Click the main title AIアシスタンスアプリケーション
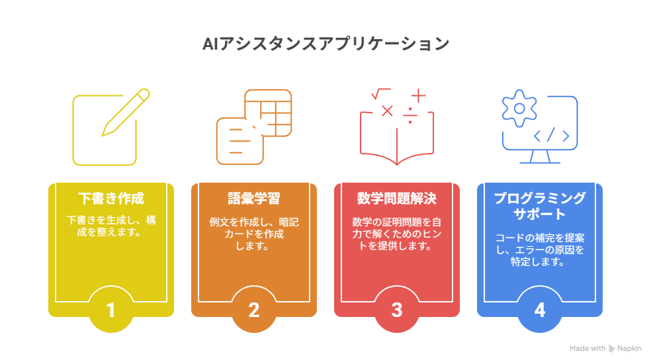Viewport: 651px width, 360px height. [x=326, y=44]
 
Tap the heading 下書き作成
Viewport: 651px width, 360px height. [x=111, y=199]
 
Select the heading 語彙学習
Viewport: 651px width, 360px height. [x=254, y=199]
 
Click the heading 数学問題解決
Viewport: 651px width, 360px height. [x=397, y=199]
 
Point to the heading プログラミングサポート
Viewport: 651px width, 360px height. [x=540, y=206]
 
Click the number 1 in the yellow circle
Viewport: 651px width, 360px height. [x=110, y=310]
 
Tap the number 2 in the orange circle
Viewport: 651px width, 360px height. [x=254, y=310]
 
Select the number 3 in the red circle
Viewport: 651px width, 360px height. [x=397, y=310]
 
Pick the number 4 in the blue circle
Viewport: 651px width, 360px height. [x=540, y=310]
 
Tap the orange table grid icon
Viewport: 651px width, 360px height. [x=268, y=112]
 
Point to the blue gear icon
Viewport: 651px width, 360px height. [x=519, y=109]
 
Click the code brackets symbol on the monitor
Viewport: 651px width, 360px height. [x=551, y=136]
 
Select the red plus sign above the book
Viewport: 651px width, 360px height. [x=419, y=96]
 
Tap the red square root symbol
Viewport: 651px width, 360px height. [x=381, y=94]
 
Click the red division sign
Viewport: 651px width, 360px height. [x=410, y=116]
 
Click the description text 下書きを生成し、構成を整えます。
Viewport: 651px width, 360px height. [x=111, y=226]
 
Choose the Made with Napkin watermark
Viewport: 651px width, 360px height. [x=606, y=348]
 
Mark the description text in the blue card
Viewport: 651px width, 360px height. [x=540, y=249]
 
